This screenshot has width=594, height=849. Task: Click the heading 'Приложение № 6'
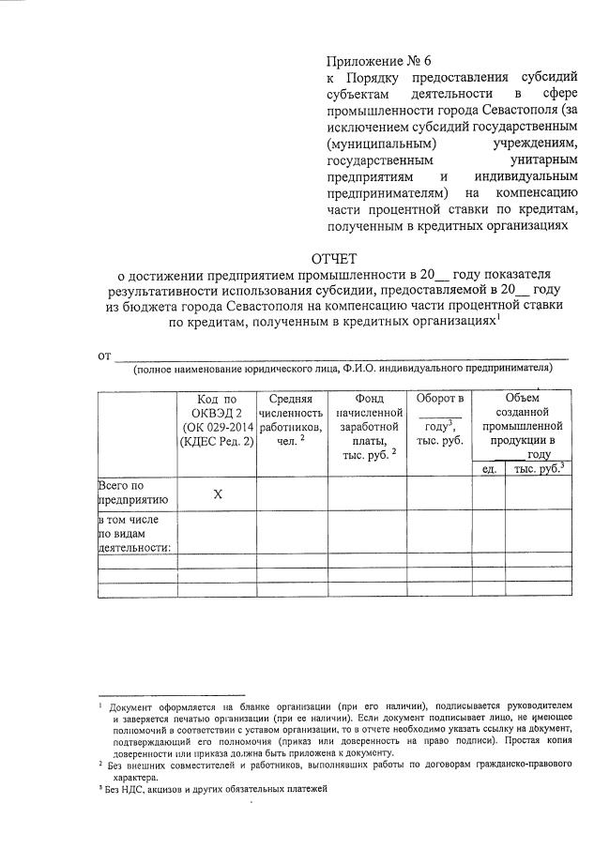coord(372,59)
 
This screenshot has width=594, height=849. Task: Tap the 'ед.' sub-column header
coord(489,468)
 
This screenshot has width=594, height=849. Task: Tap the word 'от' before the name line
coord(105,355)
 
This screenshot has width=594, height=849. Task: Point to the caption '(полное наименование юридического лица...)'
coord(342,369)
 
